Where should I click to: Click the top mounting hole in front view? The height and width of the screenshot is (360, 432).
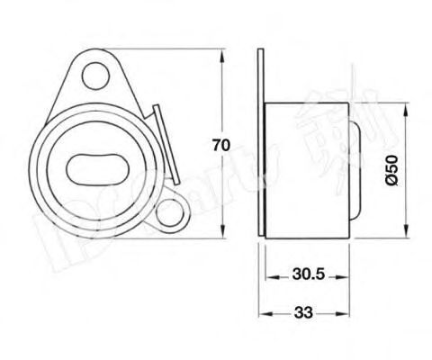93,73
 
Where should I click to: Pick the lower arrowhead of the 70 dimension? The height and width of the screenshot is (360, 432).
221,236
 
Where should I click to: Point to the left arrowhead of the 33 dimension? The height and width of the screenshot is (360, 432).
262,312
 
